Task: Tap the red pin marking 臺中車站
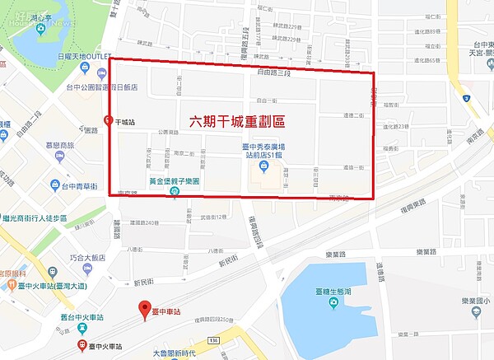tap(145, 311)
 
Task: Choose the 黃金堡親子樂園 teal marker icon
tap(175, 192)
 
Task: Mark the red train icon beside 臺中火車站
tap(82, 345)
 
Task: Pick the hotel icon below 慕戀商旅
tap(55, 165)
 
